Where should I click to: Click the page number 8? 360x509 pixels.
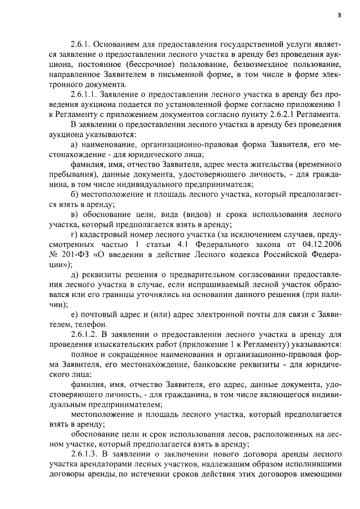point(340,16)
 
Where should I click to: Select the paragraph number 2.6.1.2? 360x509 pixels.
point(84,334)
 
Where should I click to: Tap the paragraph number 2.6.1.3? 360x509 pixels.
point(84,452)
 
